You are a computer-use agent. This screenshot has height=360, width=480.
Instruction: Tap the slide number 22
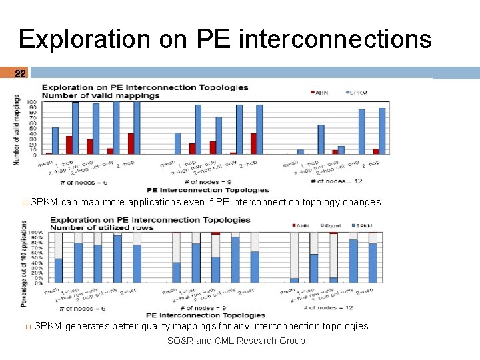coord(20,73)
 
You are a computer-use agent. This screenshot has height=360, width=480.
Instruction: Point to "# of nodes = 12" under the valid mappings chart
coord(337,181)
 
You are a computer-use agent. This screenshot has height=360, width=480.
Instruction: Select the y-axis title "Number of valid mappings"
coord(17,130)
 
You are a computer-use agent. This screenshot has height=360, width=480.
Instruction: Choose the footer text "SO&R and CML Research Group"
coord(236,341)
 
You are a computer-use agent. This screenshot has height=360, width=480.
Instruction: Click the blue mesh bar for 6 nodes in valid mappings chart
coord(55,141)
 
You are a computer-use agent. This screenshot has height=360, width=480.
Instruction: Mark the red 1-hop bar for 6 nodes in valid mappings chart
coord(69,145)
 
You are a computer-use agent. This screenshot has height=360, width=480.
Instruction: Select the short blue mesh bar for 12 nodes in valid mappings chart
coord(300,152)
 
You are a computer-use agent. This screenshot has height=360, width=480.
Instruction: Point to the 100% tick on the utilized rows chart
coord(35,233)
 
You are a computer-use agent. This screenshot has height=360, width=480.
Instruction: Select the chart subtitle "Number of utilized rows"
coord(107,227)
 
